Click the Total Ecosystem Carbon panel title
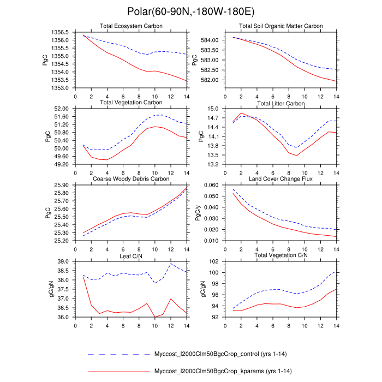point(130,26)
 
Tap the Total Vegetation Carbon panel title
point(130,103)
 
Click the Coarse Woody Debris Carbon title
point(130,179)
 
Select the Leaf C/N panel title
point(130,255)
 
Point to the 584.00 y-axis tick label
point(210,40)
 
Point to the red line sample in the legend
point(118,372)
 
